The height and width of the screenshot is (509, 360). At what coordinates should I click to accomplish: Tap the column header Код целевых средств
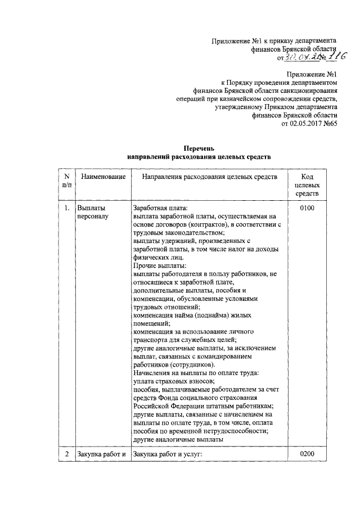(307, 185)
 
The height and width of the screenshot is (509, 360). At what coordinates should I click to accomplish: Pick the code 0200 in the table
(307, 453)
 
